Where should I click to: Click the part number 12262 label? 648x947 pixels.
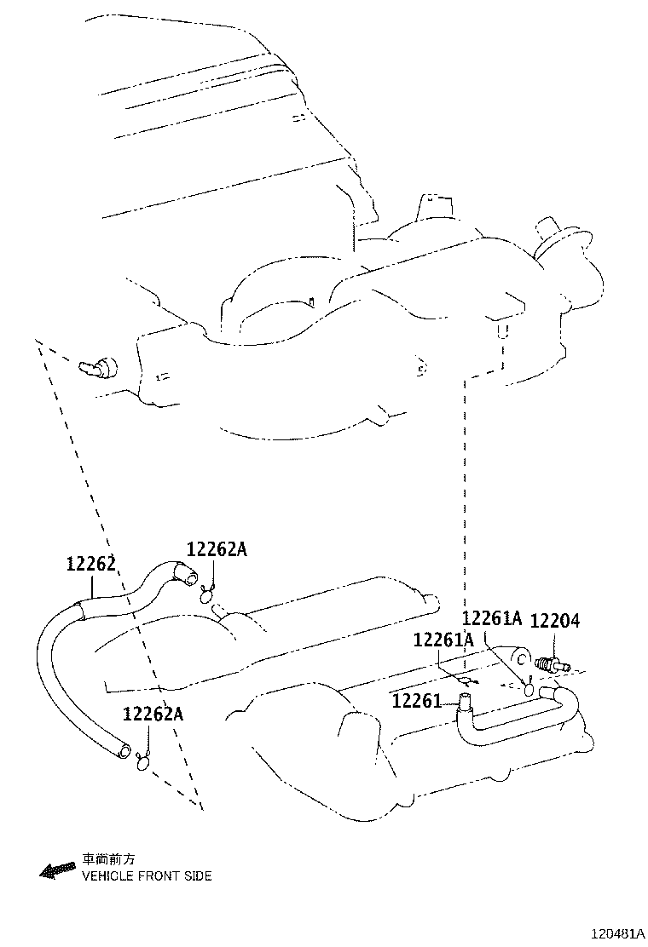coord(90,564)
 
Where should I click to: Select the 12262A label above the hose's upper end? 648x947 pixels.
coord(217,549)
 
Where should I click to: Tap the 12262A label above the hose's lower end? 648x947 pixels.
coord(153,714)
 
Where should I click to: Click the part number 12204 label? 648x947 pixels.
coord(555,620)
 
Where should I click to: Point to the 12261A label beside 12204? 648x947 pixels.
coord(492,617)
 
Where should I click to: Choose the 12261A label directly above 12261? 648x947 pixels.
coord(443,640)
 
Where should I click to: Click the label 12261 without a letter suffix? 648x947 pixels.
coord(417,701)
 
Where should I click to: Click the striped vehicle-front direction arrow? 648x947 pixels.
coord(56,870)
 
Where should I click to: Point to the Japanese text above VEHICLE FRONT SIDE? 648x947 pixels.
coord(108,859)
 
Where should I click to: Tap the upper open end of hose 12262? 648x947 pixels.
coord(191,578)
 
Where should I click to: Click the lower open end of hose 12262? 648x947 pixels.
coord(124,751)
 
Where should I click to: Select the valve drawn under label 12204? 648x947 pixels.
coord(553,665)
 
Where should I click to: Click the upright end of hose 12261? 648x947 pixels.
coord(465,700)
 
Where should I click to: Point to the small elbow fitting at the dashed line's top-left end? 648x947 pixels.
coord(97,365)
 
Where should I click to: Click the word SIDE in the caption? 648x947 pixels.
coord(199,875)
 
